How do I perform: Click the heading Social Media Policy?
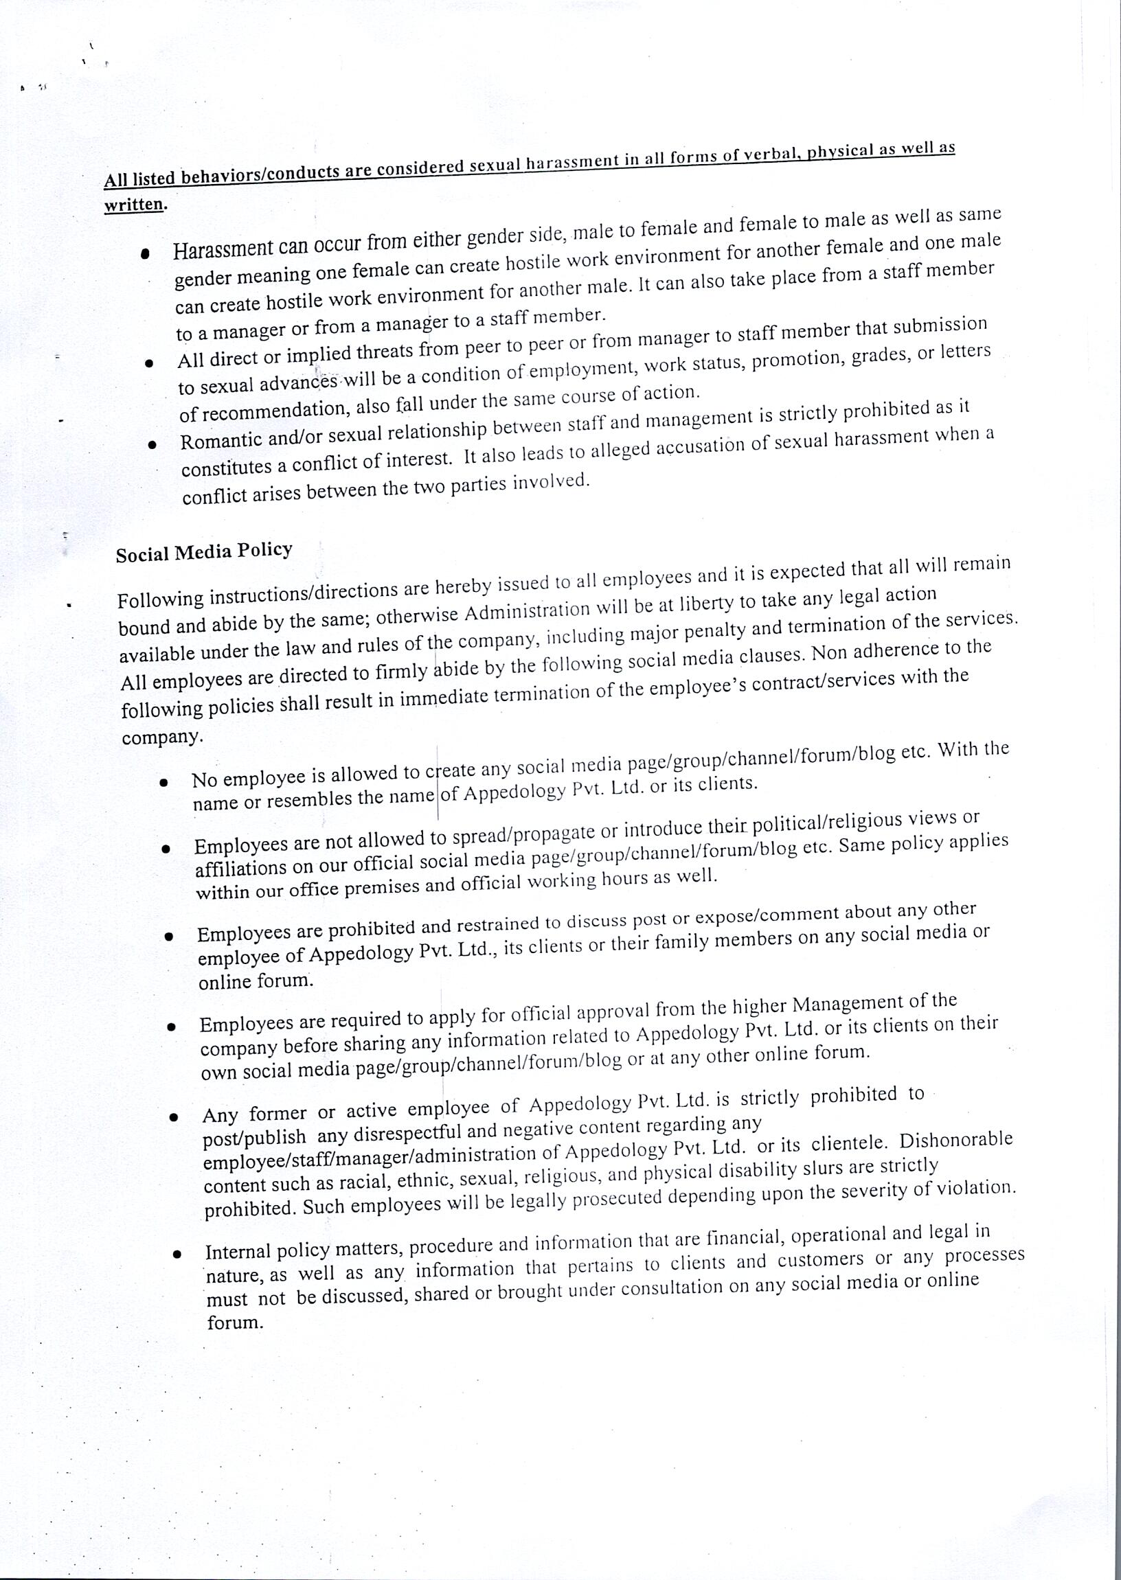[x=203, y=553]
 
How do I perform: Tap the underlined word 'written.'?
[x=135, y=205]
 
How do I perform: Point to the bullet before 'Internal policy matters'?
[x=177, y=1254]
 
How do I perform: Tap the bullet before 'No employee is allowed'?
[x=163, y=782]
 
